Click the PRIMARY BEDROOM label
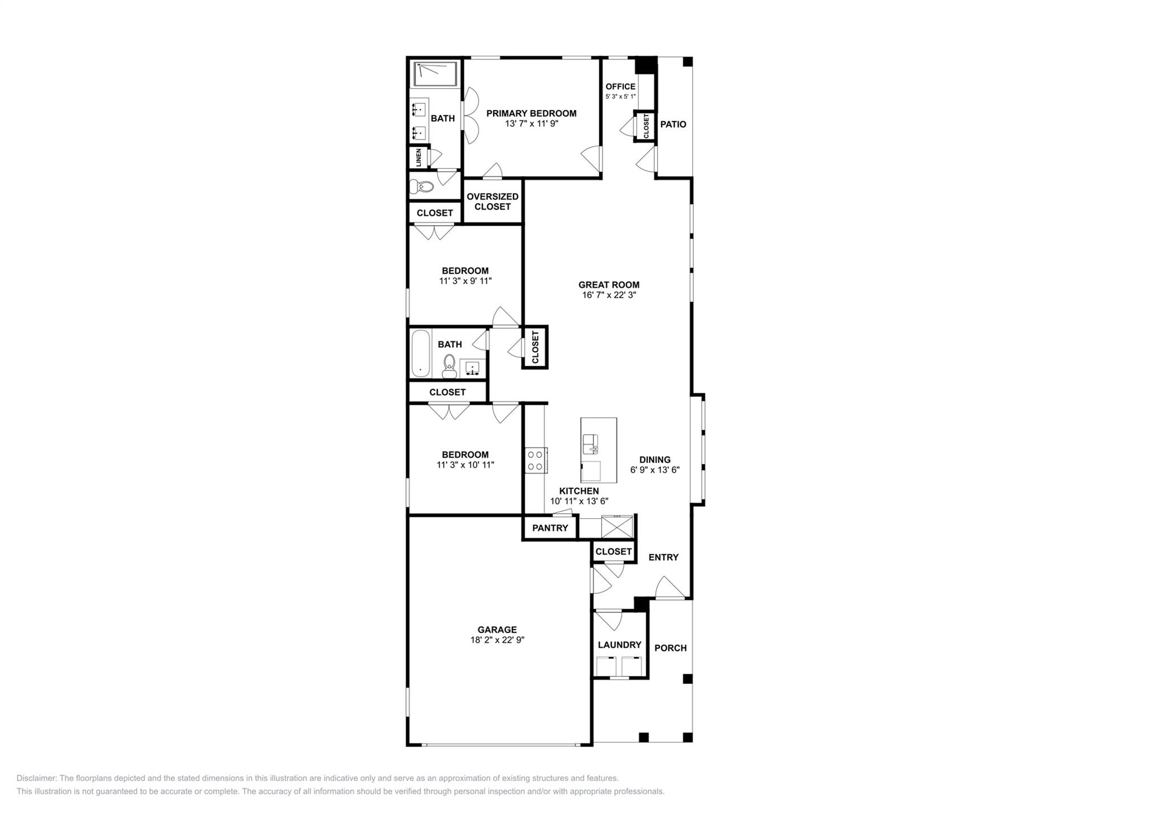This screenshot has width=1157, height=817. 531,113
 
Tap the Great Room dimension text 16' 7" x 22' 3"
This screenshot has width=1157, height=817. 609,295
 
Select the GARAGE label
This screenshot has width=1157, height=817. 497,630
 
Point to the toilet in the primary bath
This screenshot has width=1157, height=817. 421,186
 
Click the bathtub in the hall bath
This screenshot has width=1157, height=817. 420,354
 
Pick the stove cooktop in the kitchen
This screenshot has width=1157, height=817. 535,460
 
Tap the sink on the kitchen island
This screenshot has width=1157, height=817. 590,444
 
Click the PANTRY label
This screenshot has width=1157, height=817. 550,528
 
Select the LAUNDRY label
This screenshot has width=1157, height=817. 619,645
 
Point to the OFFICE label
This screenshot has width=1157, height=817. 620,87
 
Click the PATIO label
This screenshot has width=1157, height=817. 673,124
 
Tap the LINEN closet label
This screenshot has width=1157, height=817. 419,158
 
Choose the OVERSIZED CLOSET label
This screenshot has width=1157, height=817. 492,202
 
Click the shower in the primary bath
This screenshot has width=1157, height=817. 436,74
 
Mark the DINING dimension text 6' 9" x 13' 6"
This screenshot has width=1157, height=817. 655,470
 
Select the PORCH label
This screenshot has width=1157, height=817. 670,648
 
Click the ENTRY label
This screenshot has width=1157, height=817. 663,557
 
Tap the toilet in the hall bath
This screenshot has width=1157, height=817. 449,365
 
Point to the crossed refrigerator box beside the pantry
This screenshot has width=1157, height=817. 617,527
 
